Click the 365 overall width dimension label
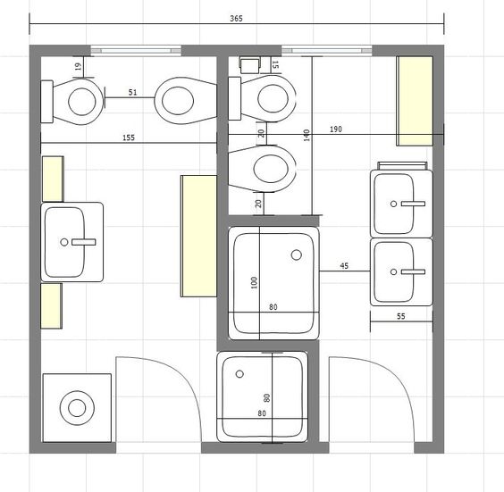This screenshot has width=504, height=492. point(236,19)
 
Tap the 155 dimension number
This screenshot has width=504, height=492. point(129,138)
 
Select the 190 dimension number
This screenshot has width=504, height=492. point(336,129)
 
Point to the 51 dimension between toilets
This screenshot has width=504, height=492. point(132,93)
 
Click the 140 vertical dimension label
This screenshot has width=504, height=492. point(307,135)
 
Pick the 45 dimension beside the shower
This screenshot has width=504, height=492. point(344,266)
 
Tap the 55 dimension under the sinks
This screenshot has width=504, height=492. point(401,316)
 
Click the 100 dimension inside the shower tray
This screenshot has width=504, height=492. point(254,283)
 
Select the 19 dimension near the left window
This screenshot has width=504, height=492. point(78,67)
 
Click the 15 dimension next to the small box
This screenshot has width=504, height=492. point(275,64)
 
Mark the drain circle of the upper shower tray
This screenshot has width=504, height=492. point(297,255)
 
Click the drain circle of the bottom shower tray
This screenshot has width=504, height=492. point(239,374)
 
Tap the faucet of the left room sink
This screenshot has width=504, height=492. point(84,242)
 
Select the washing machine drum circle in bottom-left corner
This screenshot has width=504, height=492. point(77,408)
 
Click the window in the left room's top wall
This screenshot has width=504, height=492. point(136,51)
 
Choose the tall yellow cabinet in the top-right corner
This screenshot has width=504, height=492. point(415,101)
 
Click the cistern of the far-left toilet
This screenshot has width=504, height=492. point(47,102)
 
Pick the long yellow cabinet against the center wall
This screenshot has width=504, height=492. point(199,236)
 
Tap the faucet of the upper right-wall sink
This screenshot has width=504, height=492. point(413,204)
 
